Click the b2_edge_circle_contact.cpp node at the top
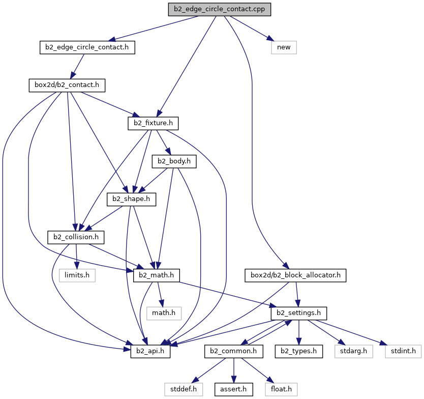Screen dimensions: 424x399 point(219,9)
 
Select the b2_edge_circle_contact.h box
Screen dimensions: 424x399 point(87,47)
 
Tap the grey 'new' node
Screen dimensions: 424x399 point(284,47)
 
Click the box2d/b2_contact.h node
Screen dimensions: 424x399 point(67,85)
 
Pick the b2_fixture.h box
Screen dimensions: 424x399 point(153,123)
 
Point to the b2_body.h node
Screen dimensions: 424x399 point(174,161)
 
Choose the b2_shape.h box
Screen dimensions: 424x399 point(131,199)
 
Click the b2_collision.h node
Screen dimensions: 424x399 point(76,237)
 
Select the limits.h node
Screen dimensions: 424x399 point(77,275)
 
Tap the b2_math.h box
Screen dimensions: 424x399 point(156,275)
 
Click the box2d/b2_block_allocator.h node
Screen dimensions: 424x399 point(295,275)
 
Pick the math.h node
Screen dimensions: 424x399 point(164,313)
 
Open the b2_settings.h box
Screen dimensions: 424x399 point(298,313)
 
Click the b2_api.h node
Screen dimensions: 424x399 point(150,351)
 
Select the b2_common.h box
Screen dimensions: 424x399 point(233,351)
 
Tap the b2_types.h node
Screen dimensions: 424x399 point(298,351)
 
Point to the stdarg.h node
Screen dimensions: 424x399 point(353,351)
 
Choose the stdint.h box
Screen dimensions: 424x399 point(403,351)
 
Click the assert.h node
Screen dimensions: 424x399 point(233,389)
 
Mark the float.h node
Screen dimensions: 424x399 point(281,389)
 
